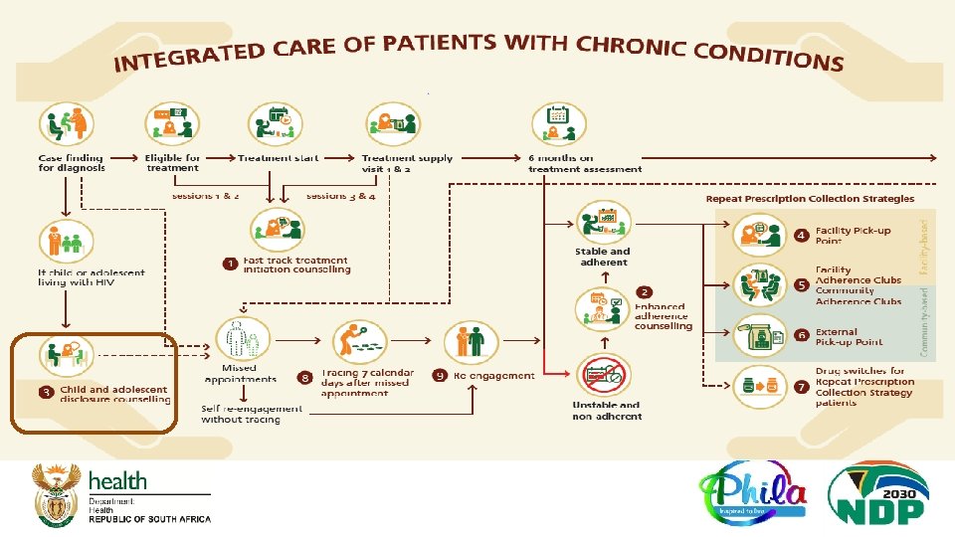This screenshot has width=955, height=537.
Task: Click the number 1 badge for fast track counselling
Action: (230, 264)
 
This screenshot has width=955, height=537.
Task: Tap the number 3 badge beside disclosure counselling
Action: (47, 393)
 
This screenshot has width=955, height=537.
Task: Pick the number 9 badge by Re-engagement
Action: (440, 376)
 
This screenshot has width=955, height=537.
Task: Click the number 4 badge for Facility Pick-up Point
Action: (801, 236)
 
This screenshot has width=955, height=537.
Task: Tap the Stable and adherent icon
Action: (601, 221)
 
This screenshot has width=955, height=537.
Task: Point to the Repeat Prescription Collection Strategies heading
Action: (810, 199)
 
